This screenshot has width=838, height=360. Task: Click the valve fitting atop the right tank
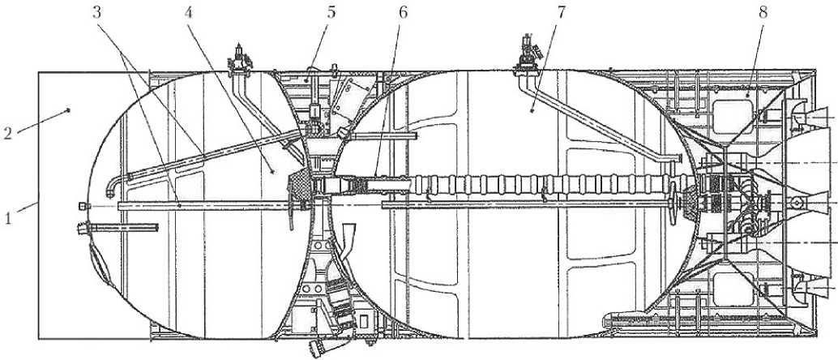pyautogui.click(x=528, y=52)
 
